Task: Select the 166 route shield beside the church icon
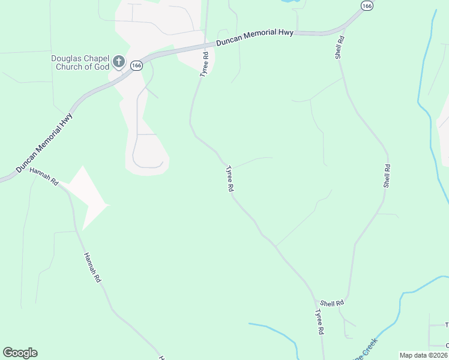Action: click(136, 65)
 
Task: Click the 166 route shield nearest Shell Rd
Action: click(367, 5)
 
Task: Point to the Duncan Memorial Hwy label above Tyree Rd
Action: click(256, 37)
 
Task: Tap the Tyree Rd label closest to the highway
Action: click(205, 64)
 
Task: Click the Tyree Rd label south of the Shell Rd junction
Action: click(321, 322)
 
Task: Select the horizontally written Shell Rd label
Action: click(332, 304)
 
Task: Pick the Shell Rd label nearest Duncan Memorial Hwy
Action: click(340, 47)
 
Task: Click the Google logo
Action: click(20, 353)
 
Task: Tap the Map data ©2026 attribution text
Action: click(423, 355)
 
